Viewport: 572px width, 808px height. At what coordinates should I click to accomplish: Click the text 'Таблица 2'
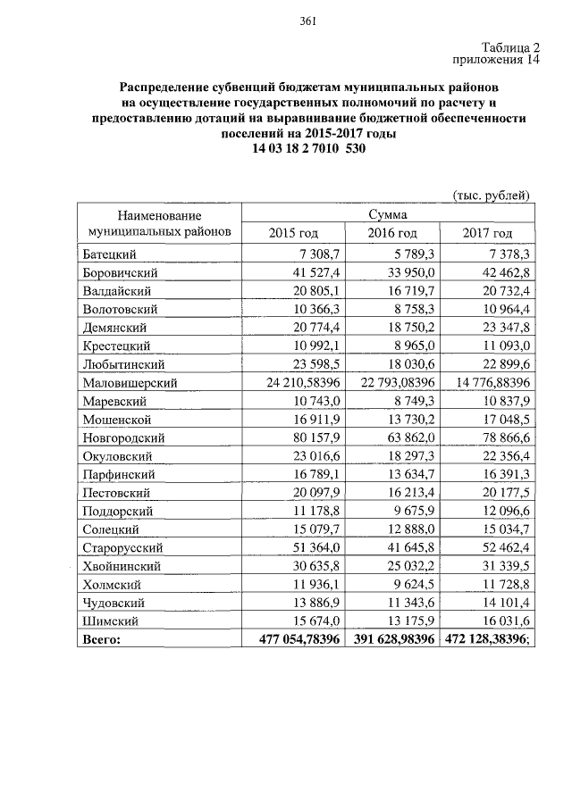(511, 47)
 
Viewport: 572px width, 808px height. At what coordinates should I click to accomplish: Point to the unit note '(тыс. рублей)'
(492, 196)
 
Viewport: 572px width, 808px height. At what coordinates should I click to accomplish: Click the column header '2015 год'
(293, 233)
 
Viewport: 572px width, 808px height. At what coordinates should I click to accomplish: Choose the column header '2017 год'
(487, 233)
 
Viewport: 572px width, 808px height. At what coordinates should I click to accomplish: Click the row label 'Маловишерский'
(130, 382)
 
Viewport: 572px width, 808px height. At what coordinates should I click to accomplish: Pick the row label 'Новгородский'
(124, 437)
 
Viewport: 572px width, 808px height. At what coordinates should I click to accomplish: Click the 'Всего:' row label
(101, 640)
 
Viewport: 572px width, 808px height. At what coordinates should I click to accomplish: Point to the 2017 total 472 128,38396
(484, 640)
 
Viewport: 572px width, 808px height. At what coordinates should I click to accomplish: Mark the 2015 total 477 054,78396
(292, 640)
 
